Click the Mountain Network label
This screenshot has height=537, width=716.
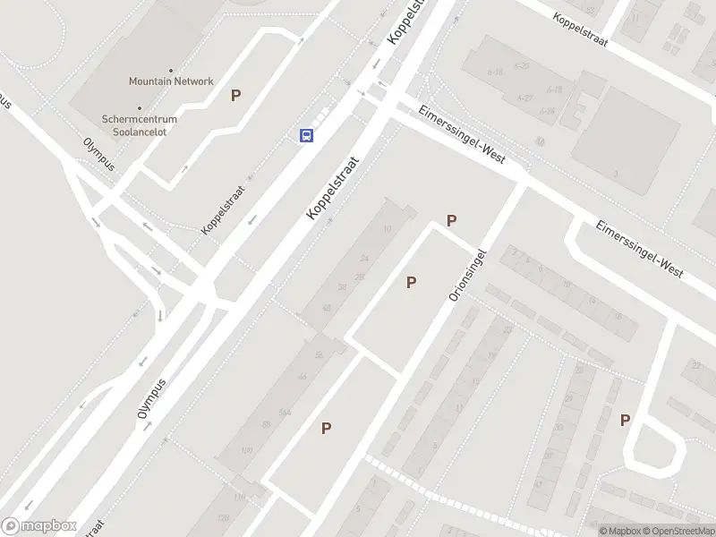coord(171,81)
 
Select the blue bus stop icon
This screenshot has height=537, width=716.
coord(306,135)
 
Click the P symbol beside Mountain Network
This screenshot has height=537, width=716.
coord(236,96)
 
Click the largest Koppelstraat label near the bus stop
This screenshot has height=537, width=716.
coord(332,189)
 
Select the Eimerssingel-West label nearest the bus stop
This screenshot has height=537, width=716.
coord(462,135)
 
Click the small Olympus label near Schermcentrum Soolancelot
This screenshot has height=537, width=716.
coord(99,154)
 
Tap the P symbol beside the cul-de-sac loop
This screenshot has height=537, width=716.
coord(625,420)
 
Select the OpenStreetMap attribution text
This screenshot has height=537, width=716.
coord(677,531)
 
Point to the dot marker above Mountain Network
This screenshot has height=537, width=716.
coord(171,70)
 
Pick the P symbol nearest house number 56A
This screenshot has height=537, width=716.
coord(326,429)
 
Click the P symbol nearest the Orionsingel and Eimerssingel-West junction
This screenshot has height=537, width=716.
coord(452,220)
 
